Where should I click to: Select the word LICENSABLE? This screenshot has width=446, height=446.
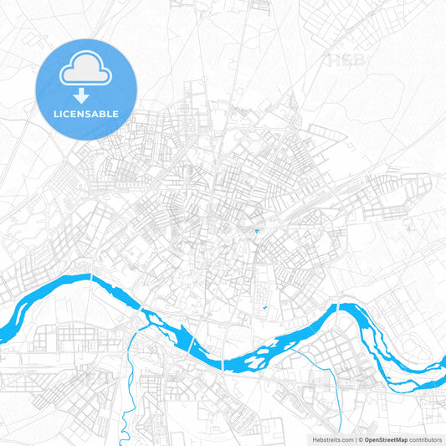click(x=86, y=113)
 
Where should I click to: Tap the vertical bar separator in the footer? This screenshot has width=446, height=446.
click(x=355, y=438)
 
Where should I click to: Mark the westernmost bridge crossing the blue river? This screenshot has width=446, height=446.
click(x=90, y=277)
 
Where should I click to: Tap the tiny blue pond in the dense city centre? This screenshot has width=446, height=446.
click(x=256, y=230)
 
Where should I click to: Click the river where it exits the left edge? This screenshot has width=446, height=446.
click(x=5, y=301)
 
